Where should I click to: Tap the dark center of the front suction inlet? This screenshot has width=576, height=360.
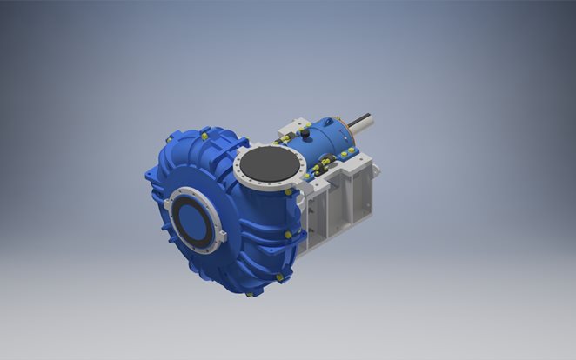coord(192,218)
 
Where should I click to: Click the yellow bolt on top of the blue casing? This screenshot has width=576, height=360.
coord(203,136)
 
